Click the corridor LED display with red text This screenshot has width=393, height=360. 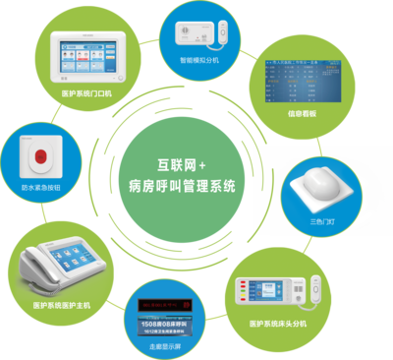(169, 313)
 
